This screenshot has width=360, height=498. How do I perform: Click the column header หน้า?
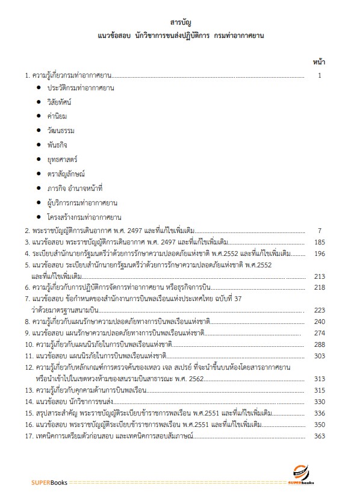click(x=319, y=62)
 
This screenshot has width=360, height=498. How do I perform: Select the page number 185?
click(x=319, y=241)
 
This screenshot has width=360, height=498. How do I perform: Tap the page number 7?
click(x=320, y=230)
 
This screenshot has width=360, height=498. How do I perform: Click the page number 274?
click(x=319, y=333)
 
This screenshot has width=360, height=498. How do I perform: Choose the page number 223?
click(x=319, y=310)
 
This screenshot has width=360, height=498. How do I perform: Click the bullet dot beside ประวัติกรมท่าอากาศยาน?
click(x=39, y=88)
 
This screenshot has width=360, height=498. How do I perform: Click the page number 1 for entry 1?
click(x=320, y=76)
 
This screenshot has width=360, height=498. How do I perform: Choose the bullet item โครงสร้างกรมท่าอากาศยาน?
click(x=85, y=217)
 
